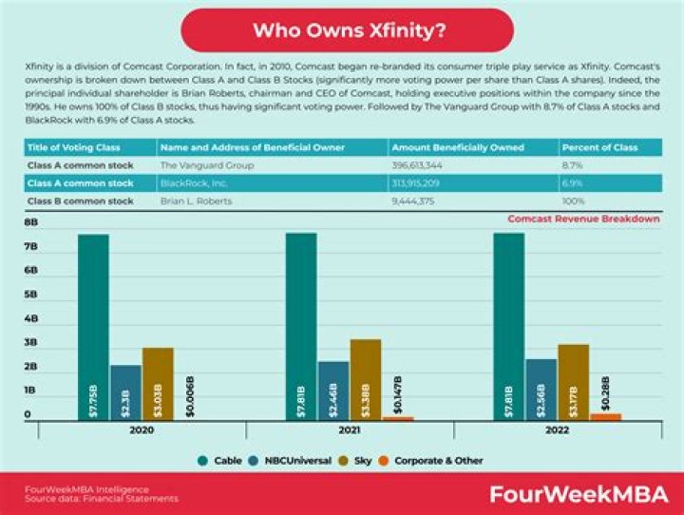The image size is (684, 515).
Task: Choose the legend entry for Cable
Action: click(229, 460)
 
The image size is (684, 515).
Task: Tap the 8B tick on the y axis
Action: click(30, 222)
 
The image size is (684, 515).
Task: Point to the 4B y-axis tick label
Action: click(30, 318)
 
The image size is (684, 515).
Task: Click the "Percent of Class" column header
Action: click(596, 147)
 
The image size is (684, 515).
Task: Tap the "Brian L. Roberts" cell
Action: click(196, 200)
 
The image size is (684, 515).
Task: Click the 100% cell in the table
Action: click(575, 200)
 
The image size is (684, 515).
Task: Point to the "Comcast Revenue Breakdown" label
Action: click(583, 219)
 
